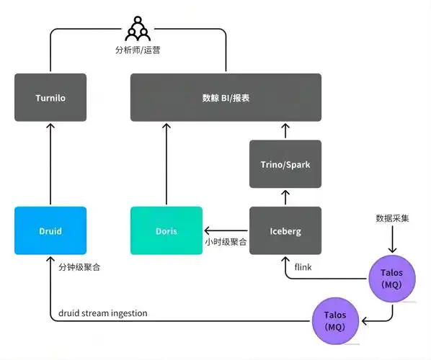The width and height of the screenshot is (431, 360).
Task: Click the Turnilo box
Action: pyautogui.click(x=50, y=97)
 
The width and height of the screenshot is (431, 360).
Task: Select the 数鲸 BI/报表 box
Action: pyautogui.click(x=226, y=97)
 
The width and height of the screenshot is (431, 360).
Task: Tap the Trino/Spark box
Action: pyautogui.click(x=285, y=165)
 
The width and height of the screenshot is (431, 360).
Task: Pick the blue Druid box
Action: pyautogui.click(x=50, y=231)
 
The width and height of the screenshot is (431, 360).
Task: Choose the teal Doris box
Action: pyautogui.click(x=166, y=231)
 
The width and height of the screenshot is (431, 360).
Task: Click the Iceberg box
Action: pyautogui.click(x=285, y=231)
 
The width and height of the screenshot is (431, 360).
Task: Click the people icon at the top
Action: pyautogui.click(x=137, y=29)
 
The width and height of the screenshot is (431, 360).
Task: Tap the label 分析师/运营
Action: pyautogui.click(x=137, y=52)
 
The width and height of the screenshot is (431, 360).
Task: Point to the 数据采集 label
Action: pyautogui.click(x=393, y=218)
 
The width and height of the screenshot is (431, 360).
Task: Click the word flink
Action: pyautogui.click(x=303, y=268)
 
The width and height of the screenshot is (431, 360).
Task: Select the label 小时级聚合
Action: pyautogui.click(x=226, y=242)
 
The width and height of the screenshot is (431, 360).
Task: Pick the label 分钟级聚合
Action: pyautogui.click(x=79, y=267)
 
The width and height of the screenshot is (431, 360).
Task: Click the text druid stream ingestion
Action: pyautogui.click(x=102, y=312)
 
